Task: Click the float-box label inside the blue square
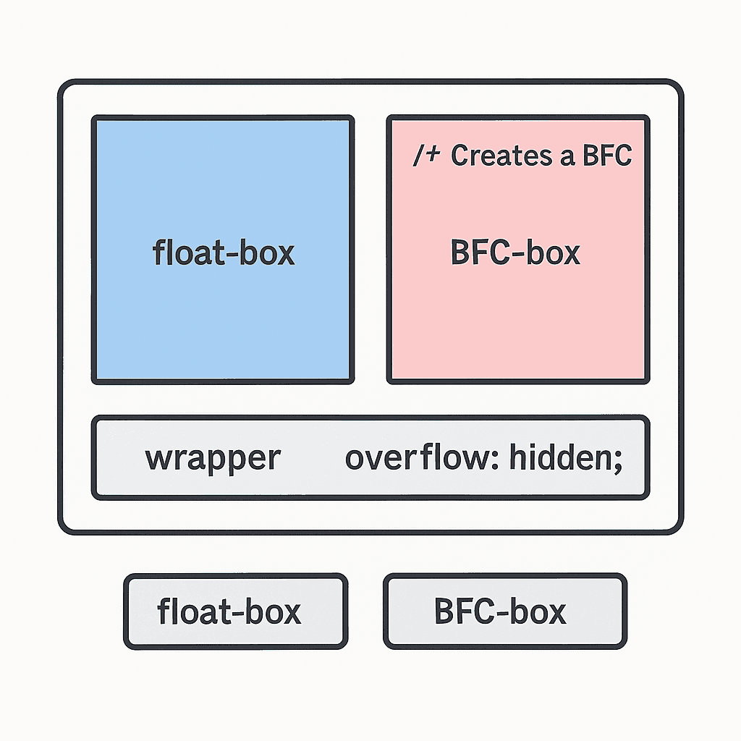[224, 253]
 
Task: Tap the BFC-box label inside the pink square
[515, 253]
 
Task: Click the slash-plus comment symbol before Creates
[426, 156]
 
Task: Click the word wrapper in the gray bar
[213, 458]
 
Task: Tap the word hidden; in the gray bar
[565, 458]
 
